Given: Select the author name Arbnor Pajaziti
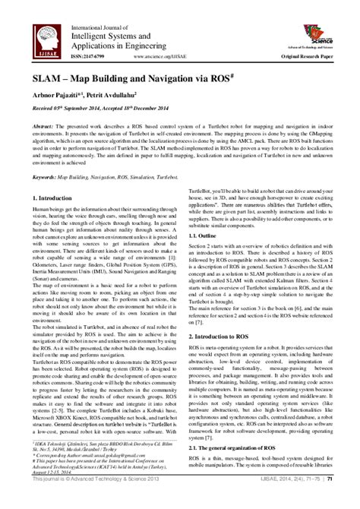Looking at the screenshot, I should pos(64,95).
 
